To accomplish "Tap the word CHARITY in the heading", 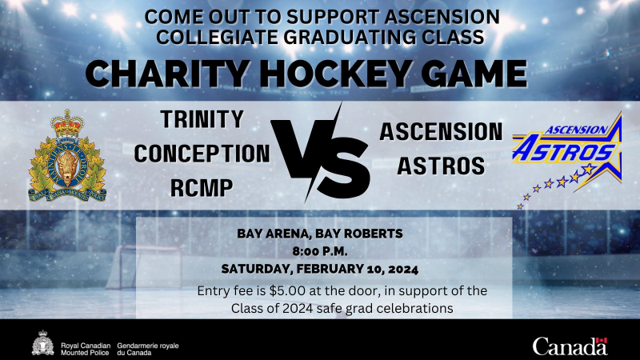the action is click(166, 74).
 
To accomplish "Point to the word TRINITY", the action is click(202, 119).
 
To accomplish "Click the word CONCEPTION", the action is click(202, 154).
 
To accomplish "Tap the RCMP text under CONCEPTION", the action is click(202, 188).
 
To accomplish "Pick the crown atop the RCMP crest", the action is click(67, 123).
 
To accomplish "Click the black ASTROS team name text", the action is click(442, 166).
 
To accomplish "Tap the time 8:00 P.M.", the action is click(320, 251).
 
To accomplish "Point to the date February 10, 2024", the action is click(357, 270).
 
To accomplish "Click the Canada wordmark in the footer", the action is click(570, 347).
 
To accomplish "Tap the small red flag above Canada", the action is click(602, 341).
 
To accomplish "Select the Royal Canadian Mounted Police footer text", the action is click(86, 349).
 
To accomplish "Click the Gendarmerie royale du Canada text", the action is click(148, 349).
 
